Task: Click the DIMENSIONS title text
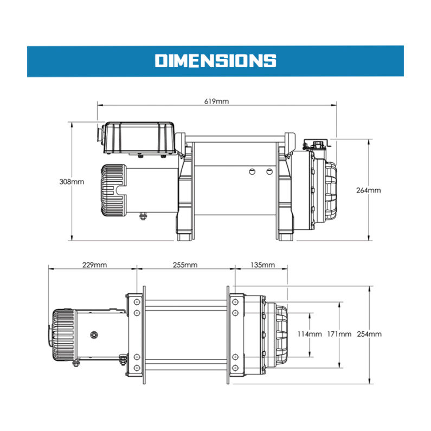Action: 215,61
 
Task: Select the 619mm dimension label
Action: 216,101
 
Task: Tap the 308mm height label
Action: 72,182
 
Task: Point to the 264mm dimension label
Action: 369,190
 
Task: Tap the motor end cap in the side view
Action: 112,188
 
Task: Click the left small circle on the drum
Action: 251,172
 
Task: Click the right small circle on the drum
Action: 269,172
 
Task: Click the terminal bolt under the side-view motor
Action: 144,216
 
